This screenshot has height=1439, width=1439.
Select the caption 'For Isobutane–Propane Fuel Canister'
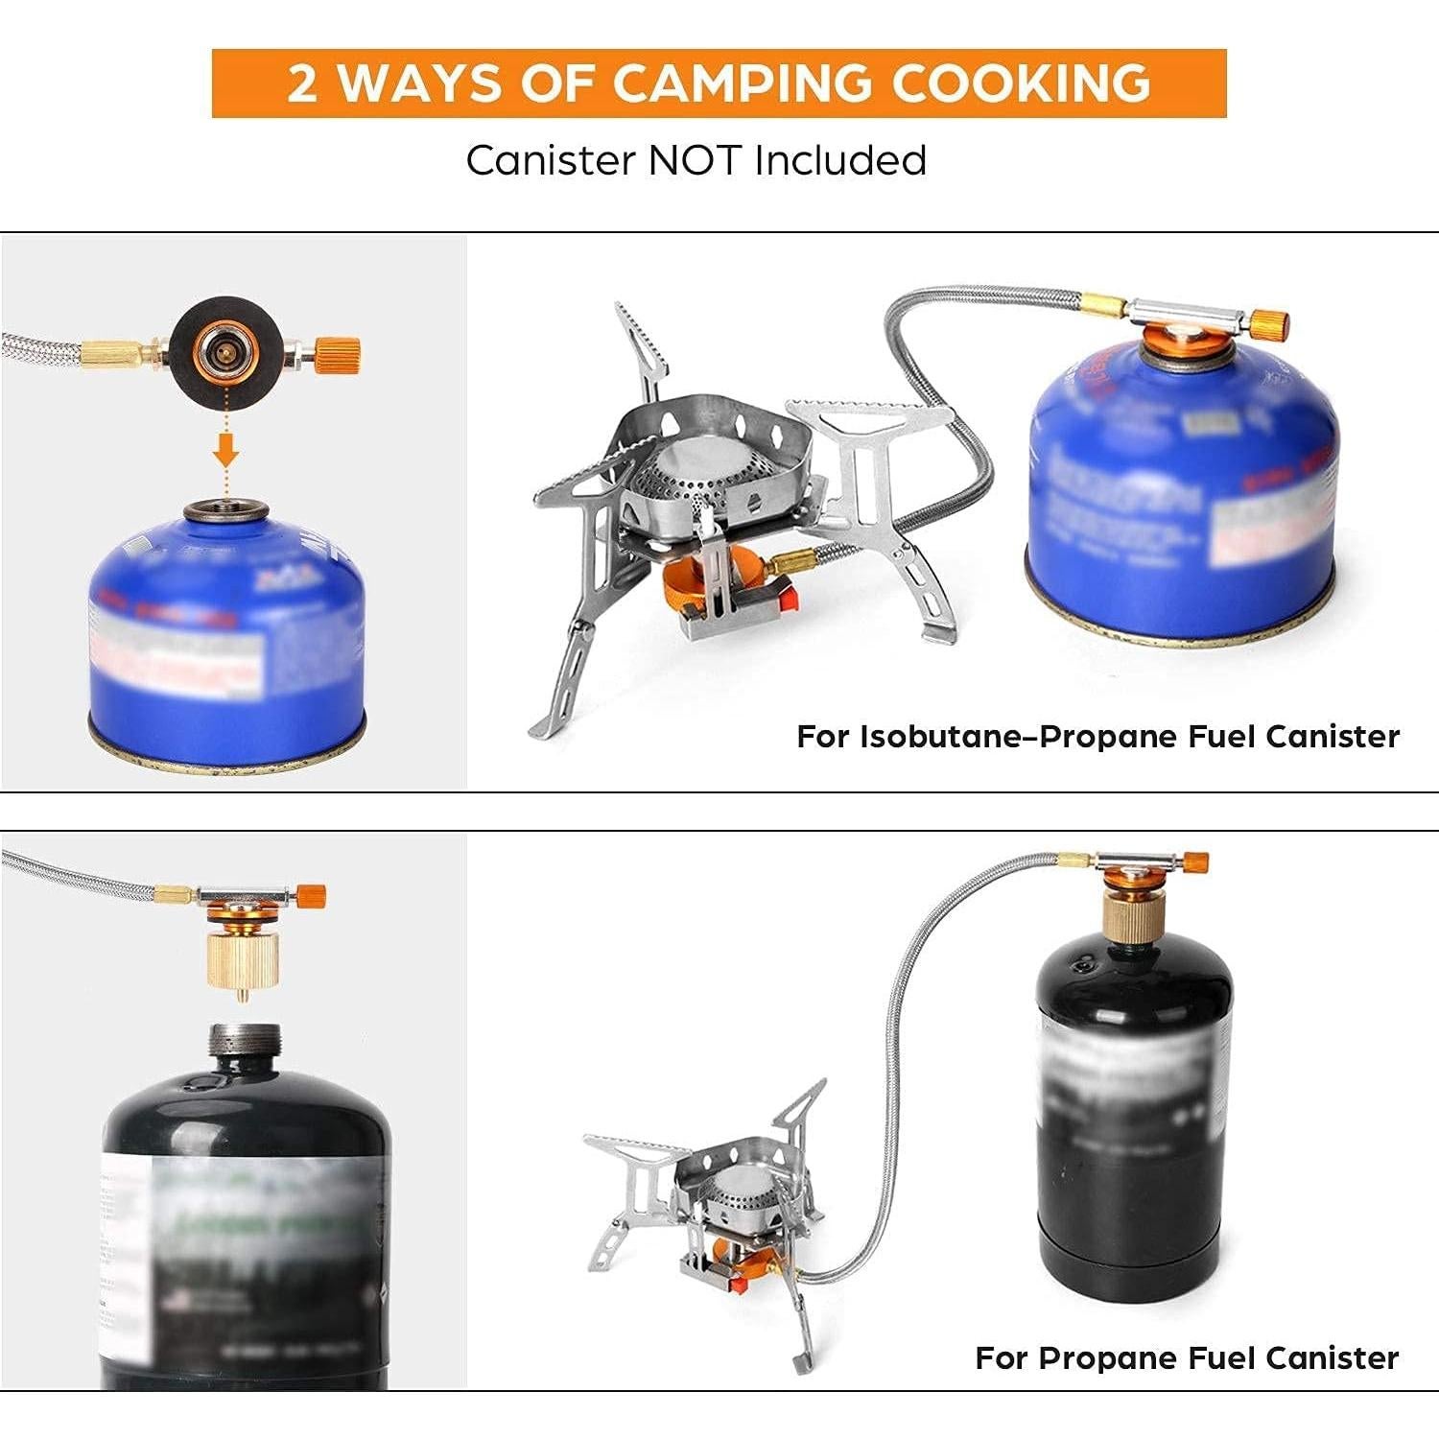pos(1097,737)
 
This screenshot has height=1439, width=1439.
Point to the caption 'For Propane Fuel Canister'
pos(1187,1357)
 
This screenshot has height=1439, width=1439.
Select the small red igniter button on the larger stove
pos(789,600)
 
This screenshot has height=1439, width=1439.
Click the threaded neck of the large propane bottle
pos(245,1044)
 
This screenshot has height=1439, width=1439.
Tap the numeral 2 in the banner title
pos(302,83)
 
